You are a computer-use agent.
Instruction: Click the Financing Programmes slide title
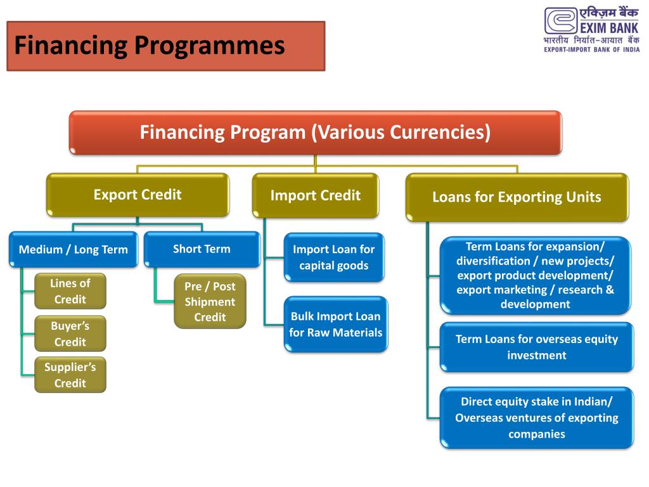(150, 46)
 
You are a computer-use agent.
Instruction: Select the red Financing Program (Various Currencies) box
(315, 133)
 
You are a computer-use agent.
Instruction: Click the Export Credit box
(138, 195)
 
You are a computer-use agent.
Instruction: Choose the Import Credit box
(315, 195)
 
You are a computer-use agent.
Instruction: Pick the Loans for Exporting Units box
(517, 197)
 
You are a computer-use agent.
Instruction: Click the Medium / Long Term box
(73, 249)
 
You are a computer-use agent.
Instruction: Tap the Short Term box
(202, 249)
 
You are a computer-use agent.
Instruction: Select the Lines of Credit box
(70, 291)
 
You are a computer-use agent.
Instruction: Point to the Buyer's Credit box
(70, 334)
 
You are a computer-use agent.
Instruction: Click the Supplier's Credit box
(70, 375)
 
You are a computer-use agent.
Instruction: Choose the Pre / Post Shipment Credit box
(210, 302)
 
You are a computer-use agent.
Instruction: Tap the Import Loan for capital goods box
(333, 257)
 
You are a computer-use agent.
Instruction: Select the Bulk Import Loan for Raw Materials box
(335, 324)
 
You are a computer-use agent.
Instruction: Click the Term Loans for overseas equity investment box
(536, 347)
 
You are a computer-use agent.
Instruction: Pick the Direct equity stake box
(536, 418)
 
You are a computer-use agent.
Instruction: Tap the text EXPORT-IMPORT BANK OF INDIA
(592, 51)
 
